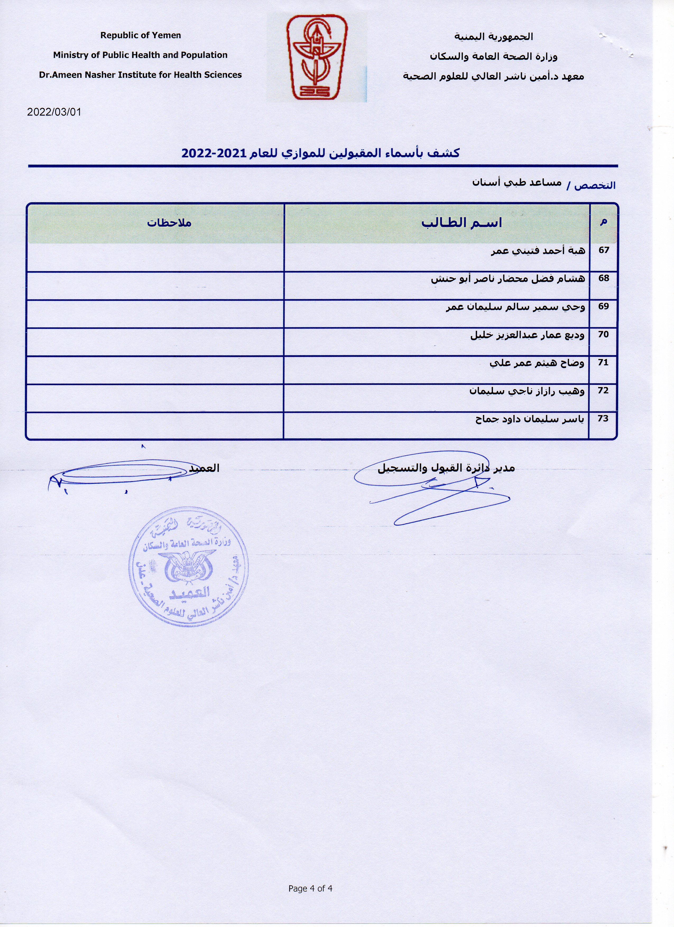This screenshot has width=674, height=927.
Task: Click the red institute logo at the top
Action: (317, 57)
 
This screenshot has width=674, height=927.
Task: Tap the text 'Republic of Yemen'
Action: (140, 36)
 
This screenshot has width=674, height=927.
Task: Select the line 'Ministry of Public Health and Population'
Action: (140, 55)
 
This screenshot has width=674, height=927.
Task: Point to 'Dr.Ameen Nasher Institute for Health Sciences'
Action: (140, 75)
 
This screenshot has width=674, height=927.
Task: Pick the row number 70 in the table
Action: (603, 334)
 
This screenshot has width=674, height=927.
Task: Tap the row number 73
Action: (603, 418)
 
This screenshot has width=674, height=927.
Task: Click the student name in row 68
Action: (508, 279)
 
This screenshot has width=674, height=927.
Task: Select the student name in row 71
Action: (537, 363)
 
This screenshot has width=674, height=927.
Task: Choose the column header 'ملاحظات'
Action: (169, 223)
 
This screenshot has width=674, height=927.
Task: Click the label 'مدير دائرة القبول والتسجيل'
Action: (446, 468)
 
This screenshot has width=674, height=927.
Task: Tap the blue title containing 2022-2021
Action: (320, 153)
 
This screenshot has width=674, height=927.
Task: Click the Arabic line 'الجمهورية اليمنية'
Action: (494, 37)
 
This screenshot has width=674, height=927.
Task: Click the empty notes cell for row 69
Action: (155, 314)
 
